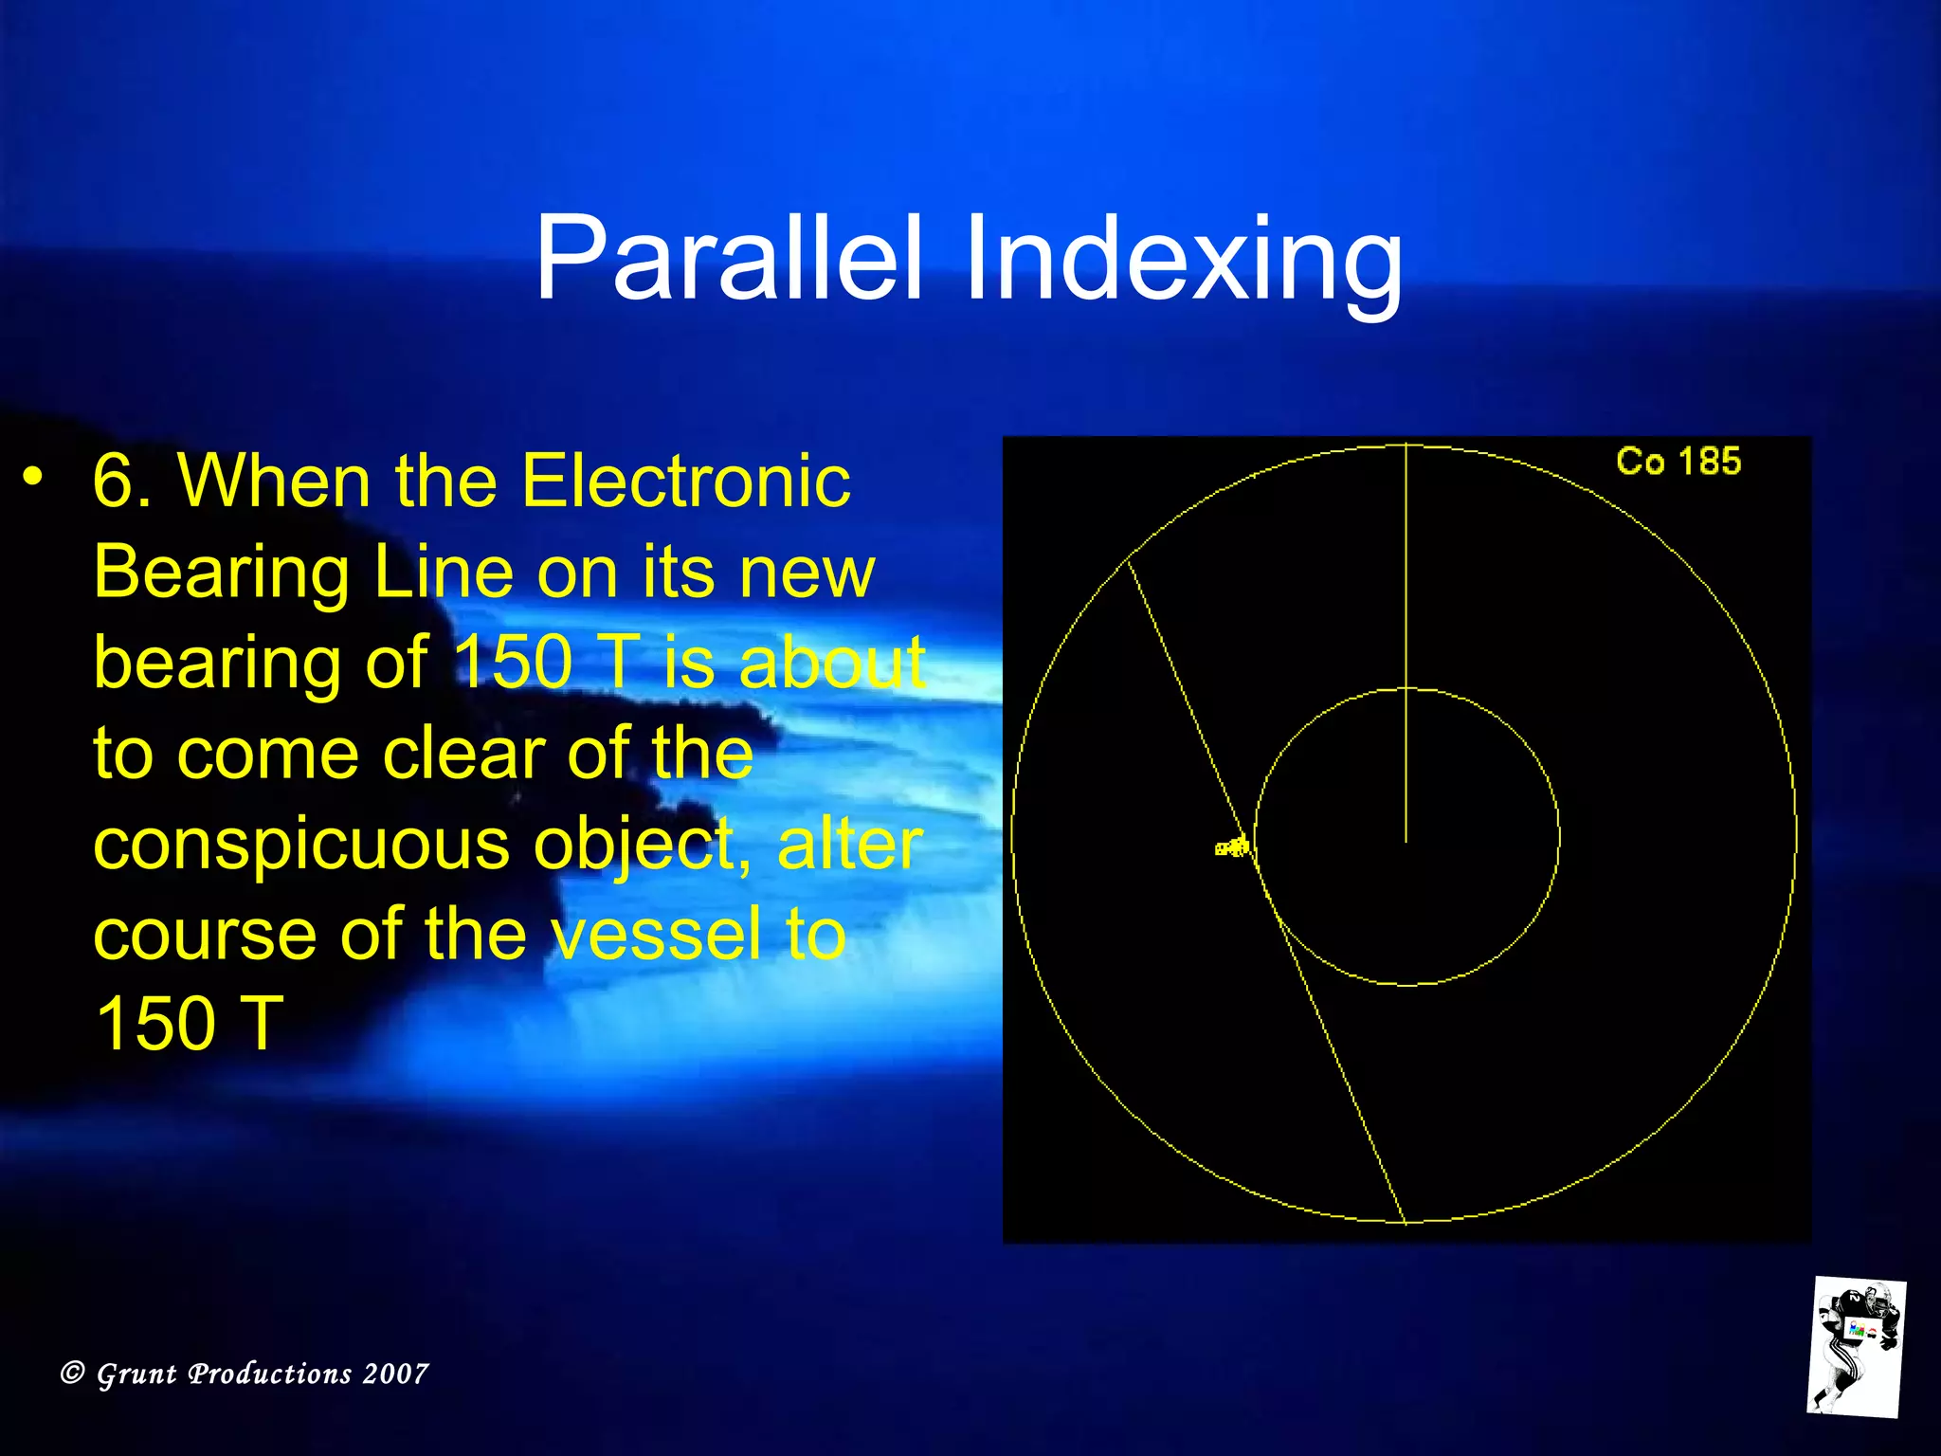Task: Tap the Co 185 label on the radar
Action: coord(1678,462)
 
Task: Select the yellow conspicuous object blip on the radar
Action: coord(1233,846)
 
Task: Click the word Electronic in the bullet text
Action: coord(686,481)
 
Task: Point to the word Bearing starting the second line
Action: coord(221,573)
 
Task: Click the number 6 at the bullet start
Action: coord(114,481)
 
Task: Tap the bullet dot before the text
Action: coord(33,477)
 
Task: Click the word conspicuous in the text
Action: coord(300,844)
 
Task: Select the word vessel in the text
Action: coord(655,934)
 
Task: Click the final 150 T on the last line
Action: coord(190,1024)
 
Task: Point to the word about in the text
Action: coord(831,663)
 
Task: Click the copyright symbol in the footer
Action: coord(73,1373)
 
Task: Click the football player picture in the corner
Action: coord(1856,1346)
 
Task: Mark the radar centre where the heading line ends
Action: coord(1406,839)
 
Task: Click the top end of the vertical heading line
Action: coord(1406,446)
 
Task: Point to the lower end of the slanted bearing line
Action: coord(1404,1221)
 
